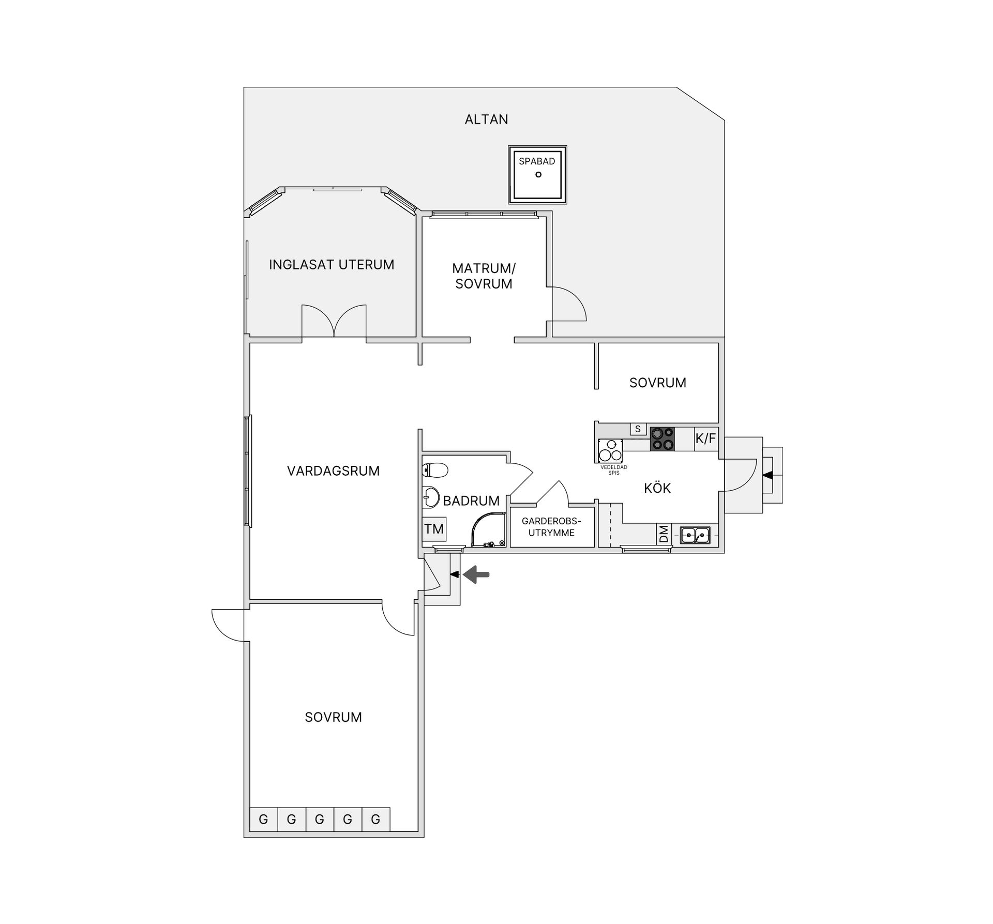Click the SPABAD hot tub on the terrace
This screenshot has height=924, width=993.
tap(538, 175)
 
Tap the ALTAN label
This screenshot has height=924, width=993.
tap(486, 119)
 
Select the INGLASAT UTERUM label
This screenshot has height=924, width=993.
tap(332, 265)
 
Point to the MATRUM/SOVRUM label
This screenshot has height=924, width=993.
tap(484, 276)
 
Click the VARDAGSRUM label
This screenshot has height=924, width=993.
tap(333, 471)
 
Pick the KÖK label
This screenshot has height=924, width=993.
tap(657, 488)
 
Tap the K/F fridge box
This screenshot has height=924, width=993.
tap(706, 439)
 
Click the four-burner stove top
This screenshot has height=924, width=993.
tap(663, 439)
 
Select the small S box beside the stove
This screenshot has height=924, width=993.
tap(638, 429)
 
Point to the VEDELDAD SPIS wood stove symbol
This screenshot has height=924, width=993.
tap(611, 450)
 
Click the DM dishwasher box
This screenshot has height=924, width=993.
tap(664, 534)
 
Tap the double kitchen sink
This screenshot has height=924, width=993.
tap(695, 535)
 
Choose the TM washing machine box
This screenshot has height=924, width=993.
tap(434, 529)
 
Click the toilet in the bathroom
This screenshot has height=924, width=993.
tap(435, 470)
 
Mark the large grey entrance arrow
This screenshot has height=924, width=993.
tap(476, 574)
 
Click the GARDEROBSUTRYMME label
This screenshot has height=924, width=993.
tap(551, 527)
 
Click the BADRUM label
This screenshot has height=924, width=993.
tap(471, 501)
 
